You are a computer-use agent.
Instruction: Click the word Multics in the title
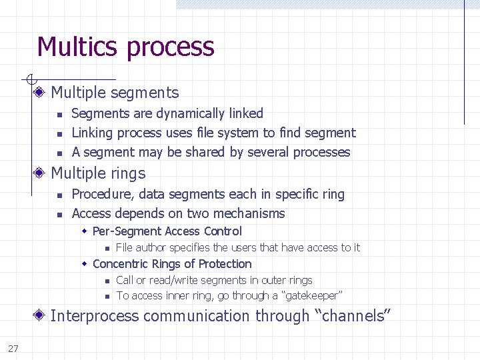pyautogui.click(x=78, y=47)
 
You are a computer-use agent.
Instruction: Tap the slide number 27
pyautogui.click(x=13, y=348)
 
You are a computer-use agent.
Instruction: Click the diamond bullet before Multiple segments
pyautogui.click(x=41, y=93)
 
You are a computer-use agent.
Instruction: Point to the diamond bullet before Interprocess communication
pyautogui.click(x=41, y=316)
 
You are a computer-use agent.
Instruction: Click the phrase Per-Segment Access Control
pyautogui.click(x=167, y=231)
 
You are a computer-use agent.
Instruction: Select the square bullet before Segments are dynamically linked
pyautogui.click(x=59, y=115)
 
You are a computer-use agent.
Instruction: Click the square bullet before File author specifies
pyautogui.click(x=106, y=248)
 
